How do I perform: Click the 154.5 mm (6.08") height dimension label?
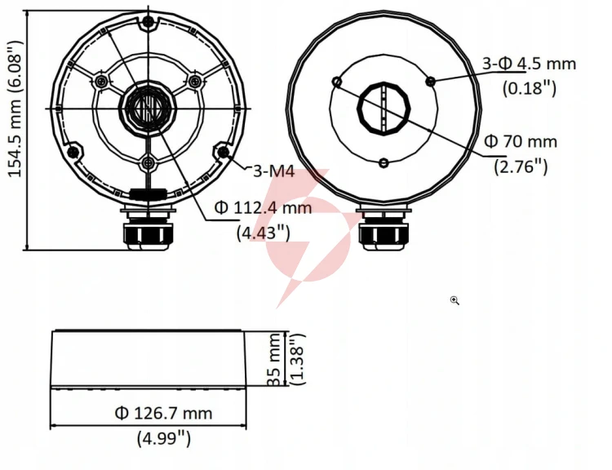[16, 109]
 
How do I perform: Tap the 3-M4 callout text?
[273, 171]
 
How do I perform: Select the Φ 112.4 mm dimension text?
[263, 207]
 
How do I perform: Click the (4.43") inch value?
[264, 233]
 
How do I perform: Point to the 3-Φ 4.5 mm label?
[530, 64]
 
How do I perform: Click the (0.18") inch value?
[529, 89]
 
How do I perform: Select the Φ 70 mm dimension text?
[521, 141]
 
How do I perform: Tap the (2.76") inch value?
[521, 166]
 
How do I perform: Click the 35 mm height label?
[275, 359]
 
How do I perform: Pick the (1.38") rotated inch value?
[299, 359]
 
